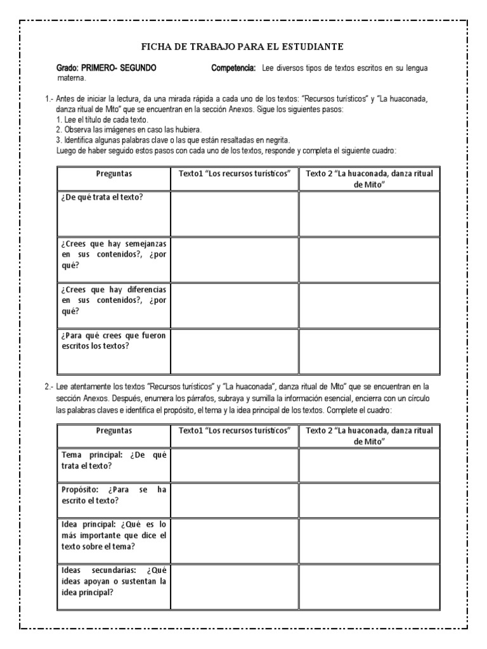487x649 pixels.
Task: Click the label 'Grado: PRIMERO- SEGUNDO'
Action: pos(107,68)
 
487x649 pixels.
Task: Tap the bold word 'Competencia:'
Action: pos(233,68)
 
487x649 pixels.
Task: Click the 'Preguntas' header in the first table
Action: pos(114,174)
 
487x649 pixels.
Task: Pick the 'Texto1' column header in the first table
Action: pos(235,174)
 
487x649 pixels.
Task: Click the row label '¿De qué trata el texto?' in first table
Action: pos(102,197)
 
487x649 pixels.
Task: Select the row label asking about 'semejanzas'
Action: pos(114,254)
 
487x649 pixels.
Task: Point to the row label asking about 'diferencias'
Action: pos(114,300)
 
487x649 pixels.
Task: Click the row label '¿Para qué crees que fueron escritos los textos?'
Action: pos(114,340)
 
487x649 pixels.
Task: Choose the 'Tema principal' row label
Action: pos(114,460)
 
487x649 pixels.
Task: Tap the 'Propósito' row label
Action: pos(114,495)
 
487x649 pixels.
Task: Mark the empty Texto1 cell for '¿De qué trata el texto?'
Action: pos(235,214)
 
